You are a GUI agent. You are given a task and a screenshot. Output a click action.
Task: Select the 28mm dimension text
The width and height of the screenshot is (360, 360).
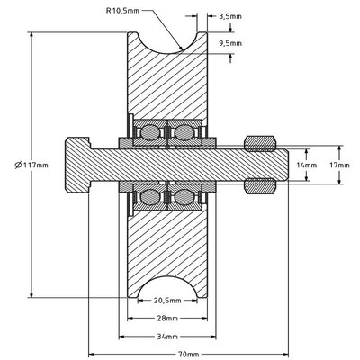[x=165, y=318]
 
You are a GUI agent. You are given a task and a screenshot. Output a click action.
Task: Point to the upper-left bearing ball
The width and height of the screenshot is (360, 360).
[x=148, y=132]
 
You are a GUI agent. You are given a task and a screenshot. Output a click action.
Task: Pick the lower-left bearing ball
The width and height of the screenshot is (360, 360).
[x=148, y=196]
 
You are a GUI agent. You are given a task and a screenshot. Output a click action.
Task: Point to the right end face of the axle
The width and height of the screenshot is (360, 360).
[x=286, y=165]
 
